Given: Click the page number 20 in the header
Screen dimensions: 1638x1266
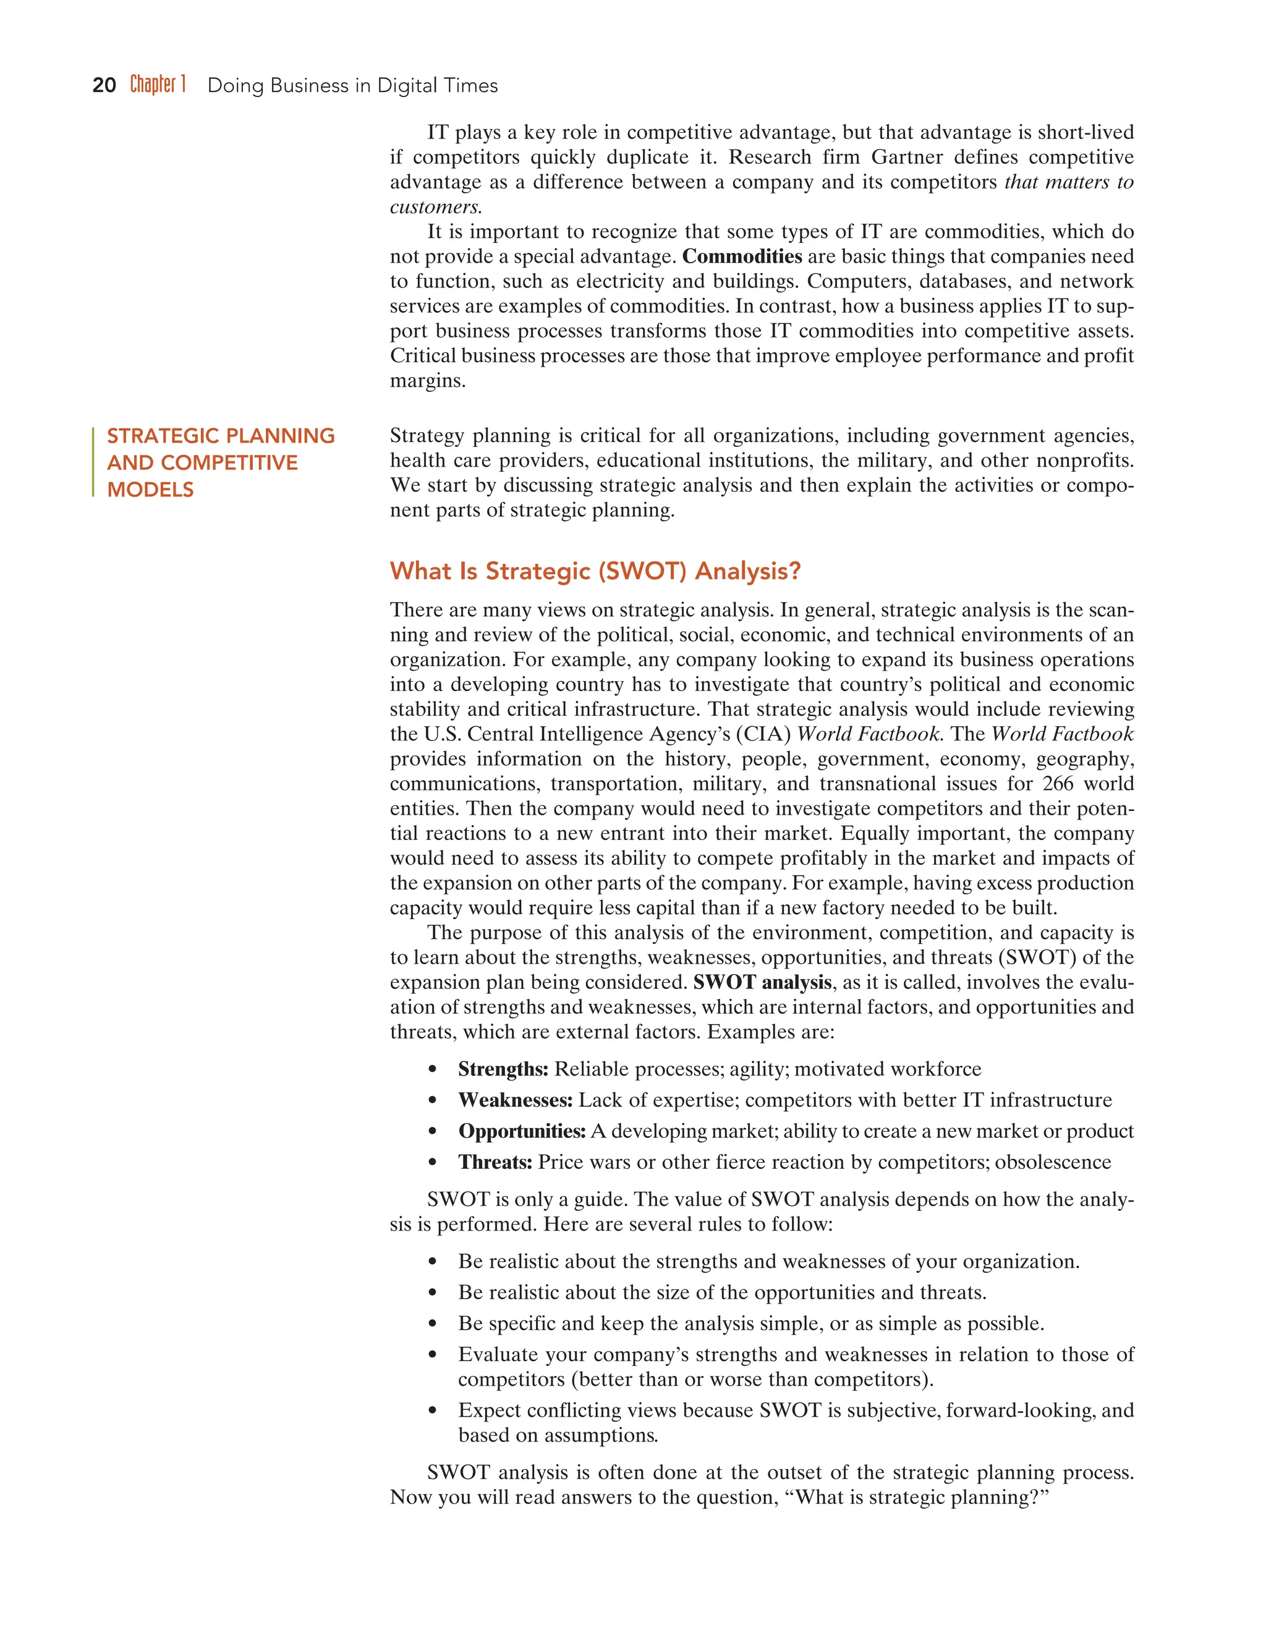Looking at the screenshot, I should tap(104, 85).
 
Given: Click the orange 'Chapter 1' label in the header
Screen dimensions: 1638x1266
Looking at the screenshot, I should tap(158, 84).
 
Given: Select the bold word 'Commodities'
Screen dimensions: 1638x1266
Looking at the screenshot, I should tap(742, 257).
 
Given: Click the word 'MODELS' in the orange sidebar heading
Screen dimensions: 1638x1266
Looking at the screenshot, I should tap(150, 490).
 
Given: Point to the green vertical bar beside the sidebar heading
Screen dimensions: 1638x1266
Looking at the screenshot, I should tap(93, 462).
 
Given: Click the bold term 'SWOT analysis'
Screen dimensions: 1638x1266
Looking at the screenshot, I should tap(762, 983).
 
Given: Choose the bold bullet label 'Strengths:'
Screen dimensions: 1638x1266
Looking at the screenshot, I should tap(503, 1069).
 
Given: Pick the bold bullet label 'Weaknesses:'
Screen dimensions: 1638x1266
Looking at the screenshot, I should tap(516, 1100).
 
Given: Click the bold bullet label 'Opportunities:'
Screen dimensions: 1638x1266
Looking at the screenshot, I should tap(522, 1131).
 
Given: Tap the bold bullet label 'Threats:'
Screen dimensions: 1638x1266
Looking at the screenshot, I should tap(495, 1163).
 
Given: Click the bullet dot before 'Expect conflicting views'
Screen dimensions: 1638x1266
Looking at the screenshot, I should tap(432, 1411).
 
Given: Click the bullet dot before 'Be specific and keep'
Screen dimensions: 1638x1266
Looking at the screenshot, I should tap(432, 1325).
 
